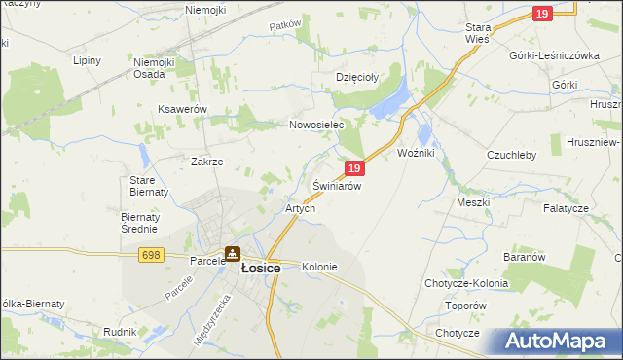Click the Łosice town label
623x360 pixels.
click(260, 269)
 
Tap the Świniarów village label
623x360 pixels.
click(338, 185)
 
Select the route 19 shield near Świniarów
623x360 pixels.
click(355, 168)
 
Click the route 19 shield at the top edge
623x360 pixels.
click(542, 13)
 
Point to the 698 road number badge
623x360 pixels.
click(150, 255)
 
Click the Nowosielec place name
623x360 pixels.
click(317, 126)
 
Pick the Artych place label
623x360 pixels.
click(299, 208)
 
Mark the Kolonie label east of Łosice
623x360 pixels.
click(319, 267)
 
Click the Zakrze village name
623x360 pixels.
click(207, 162)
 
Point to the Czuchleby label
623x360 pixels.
click(512, 154)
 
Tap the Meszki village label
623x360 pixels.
click(473, 202)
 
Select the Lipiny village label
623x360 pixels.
click(88, 60)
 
